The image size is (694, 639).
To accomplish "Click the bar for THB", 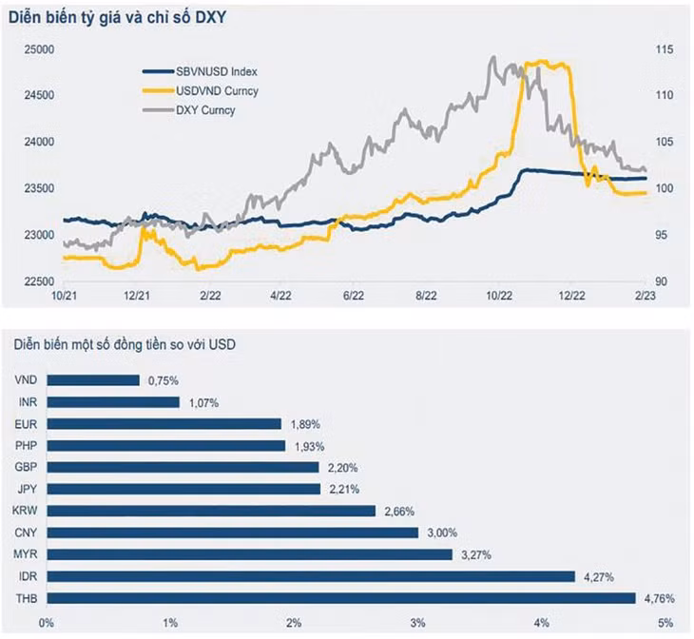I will pos(340,598).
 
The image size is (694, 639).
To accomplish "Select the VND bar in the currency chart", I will pos(93,380).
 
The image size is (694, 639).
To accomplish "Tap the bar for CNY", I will pos(232,532).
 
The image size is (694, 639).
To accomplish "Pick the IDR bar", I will pos(310,576).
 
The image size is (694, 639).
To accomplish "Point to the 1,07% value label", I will pos(202,402).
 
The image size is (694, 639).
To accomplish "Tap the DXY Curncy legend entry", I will pos(205,110).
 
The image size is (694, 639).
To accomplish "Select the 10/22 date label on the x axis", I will pos(499,296).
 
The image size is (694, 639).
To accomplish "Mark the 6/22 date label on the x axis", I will pos(354,296).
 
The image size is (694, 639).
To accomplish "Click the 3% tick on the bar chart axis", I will pos(416,623).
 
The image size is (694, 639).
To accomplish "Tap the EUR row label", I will pos(27,424).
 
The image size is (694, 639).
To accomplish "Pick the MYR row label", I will pos(27,554).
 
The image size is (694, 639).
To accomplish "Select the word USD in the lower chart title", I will pos(222,344).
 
